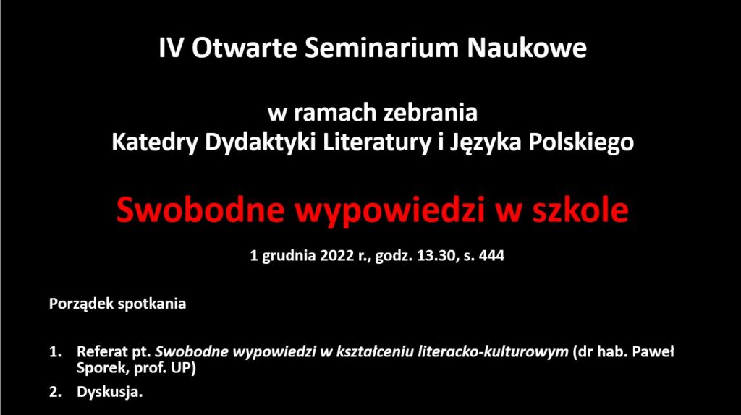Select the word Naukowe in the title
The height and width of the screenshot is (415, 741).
(x=527, y=48)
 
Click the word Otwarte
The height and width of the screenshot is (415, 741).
(x=244, y=48)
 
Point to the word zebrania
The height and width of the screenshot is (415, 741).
(x=431, y=113)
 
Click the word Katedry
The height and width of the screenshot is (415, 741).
(x=153, y=142)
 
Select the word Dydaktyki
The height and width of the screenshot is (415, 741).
(x=260, y=142)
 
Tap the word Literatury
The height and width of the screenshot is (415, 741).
(x=377, y=142)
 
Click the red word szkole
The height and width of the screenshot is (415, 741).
(x=581, y=209)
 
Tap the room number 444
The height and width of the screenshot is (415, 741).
(x=491, y=255)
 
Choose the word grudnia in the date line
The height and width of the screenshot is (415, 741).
(x=289, y=256)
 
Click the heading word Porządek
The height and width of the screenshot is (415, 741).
(x=81, y=304)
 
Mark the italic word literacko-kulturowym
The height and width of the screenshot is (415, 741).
(x=493, y=351)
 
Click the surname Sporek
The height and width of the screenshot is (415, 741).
(x=101, y=368)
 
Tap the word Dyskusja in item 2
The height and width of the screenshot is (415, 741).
(x=110, y=392)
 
